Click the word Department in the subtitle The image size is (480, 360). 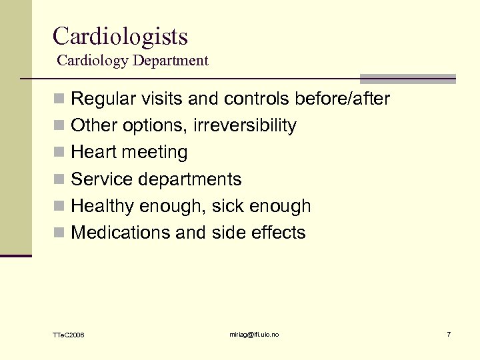[x=170, y=61]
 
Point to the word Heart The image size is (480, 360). [x=92, y=153]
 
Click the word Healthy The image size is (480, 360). [x=103, y=206]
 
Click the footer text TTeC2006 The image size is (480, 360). [x=69, y=334]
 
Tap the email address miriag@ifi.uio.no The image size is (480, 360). [x=255, y=333]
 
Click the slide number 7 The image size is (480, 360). [x=449, y=333]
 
